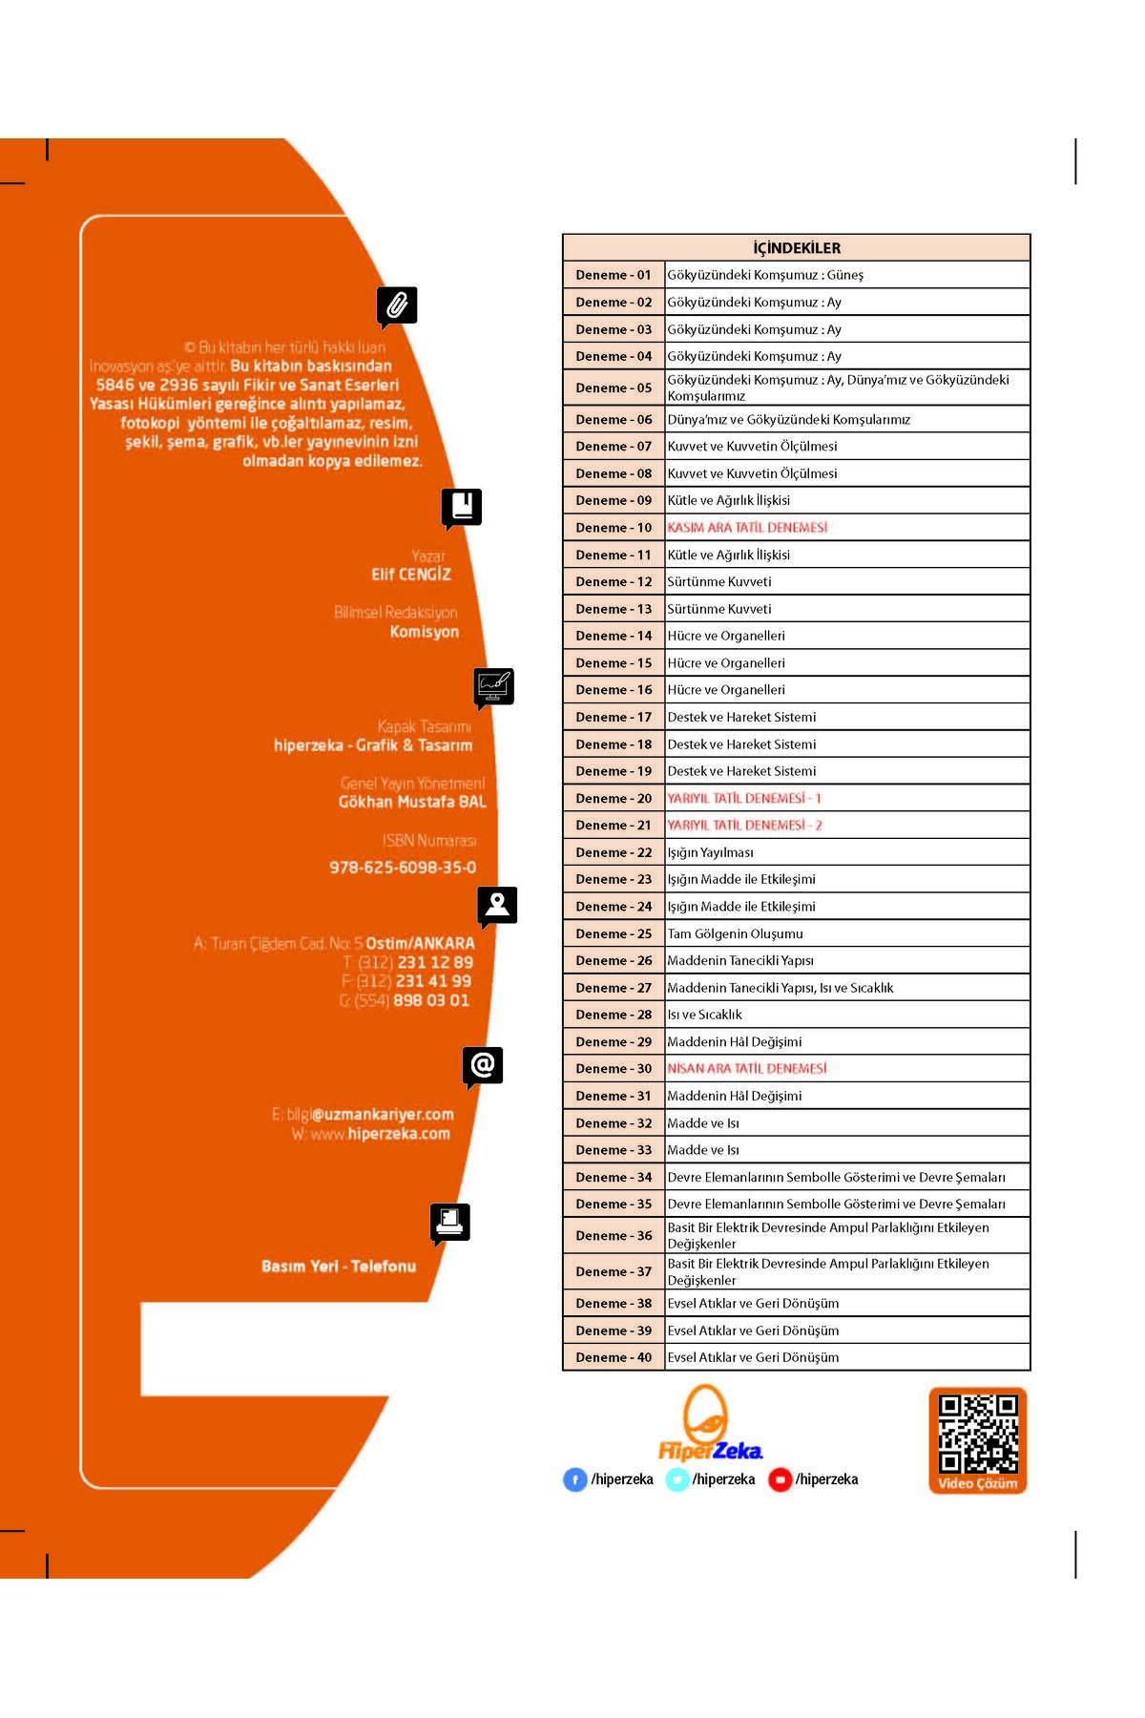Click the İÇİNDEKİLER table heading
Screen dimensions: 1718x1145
[797, 248]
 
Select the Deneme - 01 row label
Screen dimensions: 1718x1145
[614, 275]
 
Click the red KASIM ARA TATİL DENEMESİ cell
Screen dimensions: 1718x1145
[747, 528]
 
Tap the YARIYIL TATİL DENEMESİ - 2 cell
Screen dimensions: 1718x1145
[744, 826]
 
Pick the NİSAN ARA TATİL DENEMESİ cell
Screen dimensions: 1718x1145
[747, 1069]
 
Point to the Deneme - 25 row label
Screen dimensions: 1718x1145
[614, 933]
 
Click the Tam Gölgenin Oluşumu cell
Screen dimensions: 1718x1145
[735, 933]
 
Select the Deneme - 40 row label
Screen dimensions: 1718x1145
[614, 1357]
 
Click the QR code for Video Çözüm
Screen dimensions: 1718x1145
[978, 1434]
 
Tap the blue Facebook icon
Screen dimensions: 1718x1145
[575, 1479]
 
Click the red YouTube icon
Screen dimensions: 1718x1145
[780, 1479]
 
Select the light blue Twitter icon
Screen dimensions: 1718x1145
[677, 1479]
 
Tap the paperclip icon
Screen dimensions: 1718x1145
[397, 305]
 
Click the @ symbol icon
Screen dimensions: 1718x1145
[483, 1065]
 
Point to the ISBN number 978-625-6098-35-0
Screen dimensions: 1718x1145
[403, 868]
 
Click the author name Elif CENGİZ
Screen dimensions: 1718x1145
[411, 575]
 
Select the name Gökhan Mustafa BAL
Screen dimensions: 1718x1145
[412, 802]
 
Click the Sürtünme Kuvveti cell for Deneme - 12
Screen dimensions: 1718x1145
[719, 582]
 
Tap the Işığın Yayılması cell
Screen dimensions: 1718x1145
[711, 852]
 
